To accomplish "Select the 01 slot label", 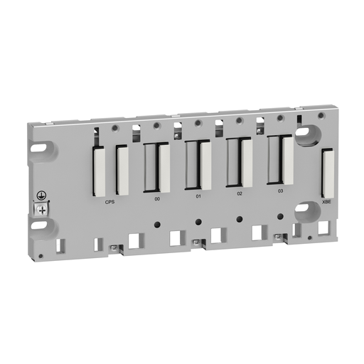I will click(x=198, y=196).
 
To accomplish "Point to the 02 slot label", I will click(x=240, y=193).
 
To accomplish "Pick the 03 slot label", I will click(x=280, y=191).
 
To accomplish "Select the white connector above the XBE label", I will click(x=327, y=173).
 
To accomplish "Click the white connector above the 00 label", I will click(x=165, y=167).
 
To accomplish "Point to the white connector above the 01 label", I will click(x=206, y=165).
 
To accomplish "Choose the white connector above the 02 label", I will click(x=247, y=161).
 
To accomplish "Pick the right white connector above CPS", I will click(x=122, y=170).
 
